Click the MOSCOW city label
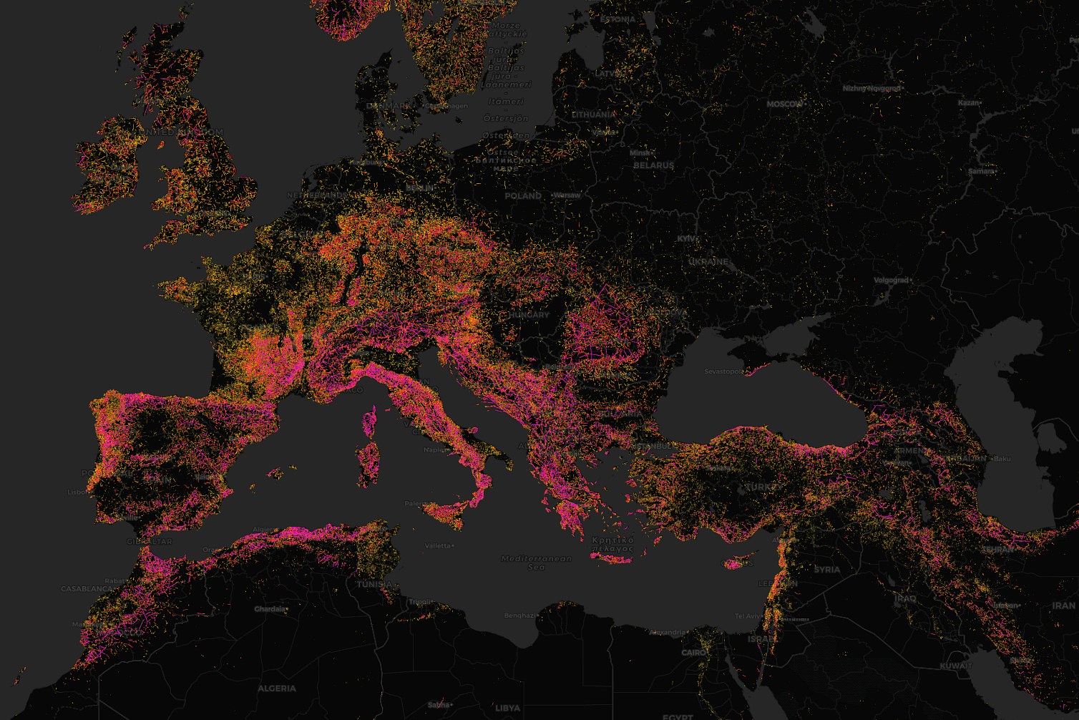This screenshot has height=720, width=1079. tap(785, 104)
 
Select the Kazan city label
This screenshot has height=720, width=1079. tap(968, 103)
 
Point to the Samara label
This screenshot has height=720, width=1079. tap(981, 172)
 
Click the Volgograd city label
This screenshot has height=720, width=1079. tap(891, 281)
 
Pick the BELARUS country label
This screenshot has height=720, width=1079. tap(653, 165)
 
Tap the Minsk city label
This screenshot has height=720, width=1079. tap(640, 153)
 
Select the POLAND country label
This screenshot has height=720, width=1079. tap(523, 196)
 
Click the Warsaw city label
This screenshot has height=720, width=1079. tap(567, 195)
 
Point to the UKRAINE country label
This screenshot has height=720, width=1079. tap(708, 263)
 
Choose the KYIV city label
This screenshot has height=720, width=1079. tap(687, 239)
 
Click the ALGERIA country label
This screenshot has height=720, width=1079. tap(276, 689)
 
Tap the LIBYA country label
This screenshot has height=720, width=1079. tap(507, 709)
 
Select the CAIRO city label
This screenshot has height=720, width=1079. tap(693, 653)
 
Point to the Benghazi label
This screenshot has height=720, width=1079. tap(519, 616)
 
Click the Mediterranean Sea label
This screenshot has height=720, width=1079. tap(537, 563)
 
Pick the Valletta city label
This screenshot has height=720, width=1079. tap(438, 545)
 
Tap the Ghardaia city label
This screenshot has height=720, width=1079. tap(270, 609)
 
